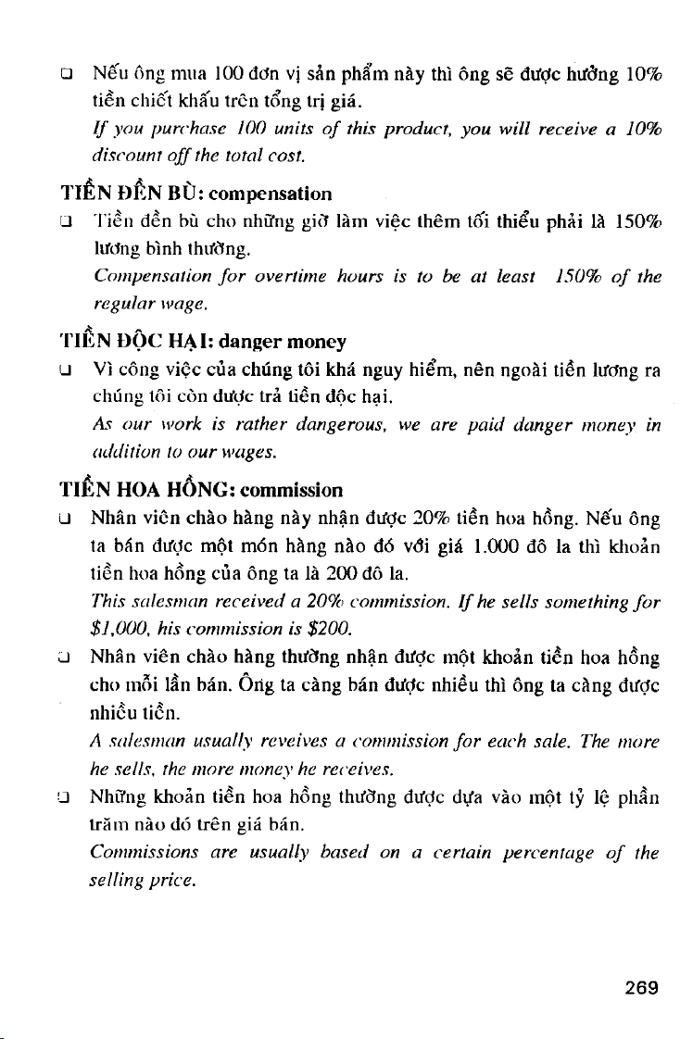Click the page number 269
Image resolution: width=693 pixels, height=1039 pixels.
point(640,987)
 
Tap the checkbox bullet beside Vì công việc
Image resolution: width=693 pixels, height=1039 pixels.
point(66,369)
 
